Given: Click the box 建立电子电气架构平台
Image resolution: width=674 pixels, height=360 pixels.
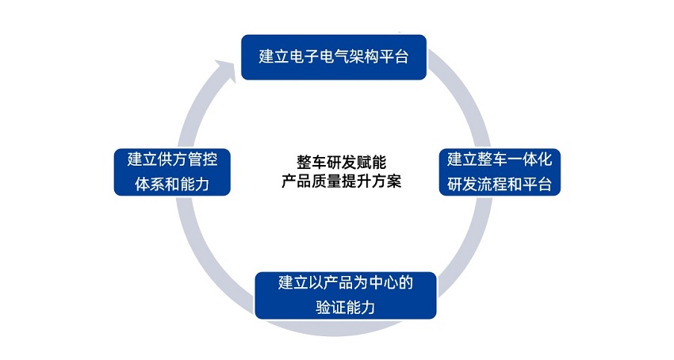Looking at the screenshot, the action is (x=334, y=57).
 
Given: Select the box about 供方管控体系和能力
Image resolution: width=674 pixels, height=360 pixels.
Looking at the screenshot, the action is (x=172, y=172).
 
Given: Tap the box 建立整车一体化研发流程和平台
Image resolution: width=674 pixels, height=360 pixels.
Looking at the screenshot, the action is (x=500, y=172).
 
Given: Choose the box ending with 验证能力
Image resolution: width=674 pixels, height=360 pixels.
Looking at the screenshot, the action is (x=346, y=296).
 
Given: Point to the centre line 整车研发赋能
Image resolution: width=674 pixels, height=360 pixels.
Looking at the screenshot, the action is (x=341, y=163).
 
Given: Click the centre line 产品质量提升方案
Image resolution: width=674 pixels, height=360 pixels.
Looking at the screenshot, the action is (x=341, y=181).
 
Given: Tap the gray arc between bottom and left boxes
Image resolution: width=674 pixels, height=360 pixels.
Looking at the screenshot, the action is (x=202, y=254).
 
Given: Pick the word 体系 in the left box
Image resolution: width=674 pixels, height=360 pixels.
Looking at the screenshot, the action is (x=150, y=185).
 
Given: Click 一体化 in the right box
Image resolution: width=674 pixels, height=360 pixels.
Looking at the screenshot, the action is (x=530, y=159).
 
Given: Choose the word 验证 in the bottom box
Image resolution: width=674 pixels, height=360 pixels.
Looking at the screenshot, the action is (x=331, y=308).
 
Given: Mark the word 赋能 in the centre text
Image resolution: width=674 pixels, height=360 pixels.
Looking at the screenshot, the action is (x=371, y=163).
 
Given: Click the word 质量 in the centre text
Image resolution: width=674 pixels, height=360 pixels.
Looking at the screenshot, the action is (x=326, y=181).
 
